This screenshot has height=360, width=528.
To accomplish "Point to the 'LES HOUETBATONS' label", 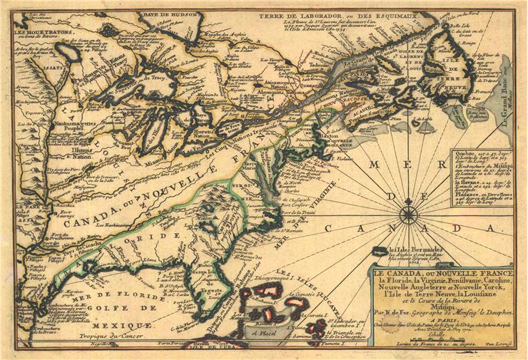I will pos(36,32).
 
